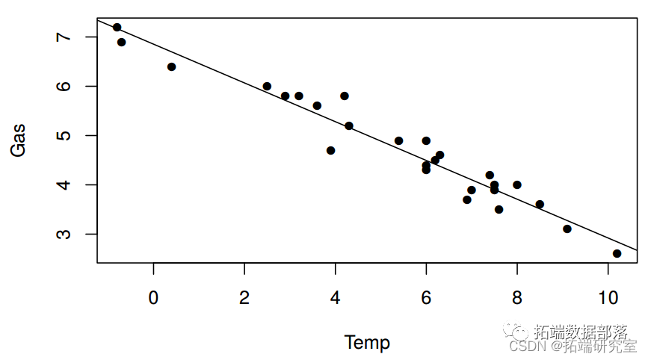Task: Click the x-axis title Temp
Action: [367, 343]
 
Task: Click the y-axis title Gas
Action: [18, 140]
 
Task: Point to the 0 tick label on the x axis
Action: [153, 297]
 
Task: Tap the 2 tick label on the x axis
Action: [244, 297]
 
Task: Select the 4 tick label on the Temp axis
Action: [335, 297]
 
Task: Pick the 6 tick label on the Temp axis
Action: [426, 297]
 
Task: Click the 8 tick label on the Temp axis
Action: [516, 297]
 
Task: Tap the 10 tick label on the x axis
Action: [608, 297]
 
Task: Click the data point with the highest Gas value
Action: [117, 28]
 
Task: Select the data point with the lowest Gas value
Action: [617, 254]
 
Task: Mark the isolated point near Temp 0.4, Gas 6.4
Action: [171, 67]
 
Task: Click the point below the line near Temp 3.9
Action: [330, 151]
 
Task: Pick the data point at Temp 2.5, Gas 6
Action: [267, 87]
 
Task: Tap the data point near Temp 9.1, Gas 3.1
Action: [567, 229]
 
